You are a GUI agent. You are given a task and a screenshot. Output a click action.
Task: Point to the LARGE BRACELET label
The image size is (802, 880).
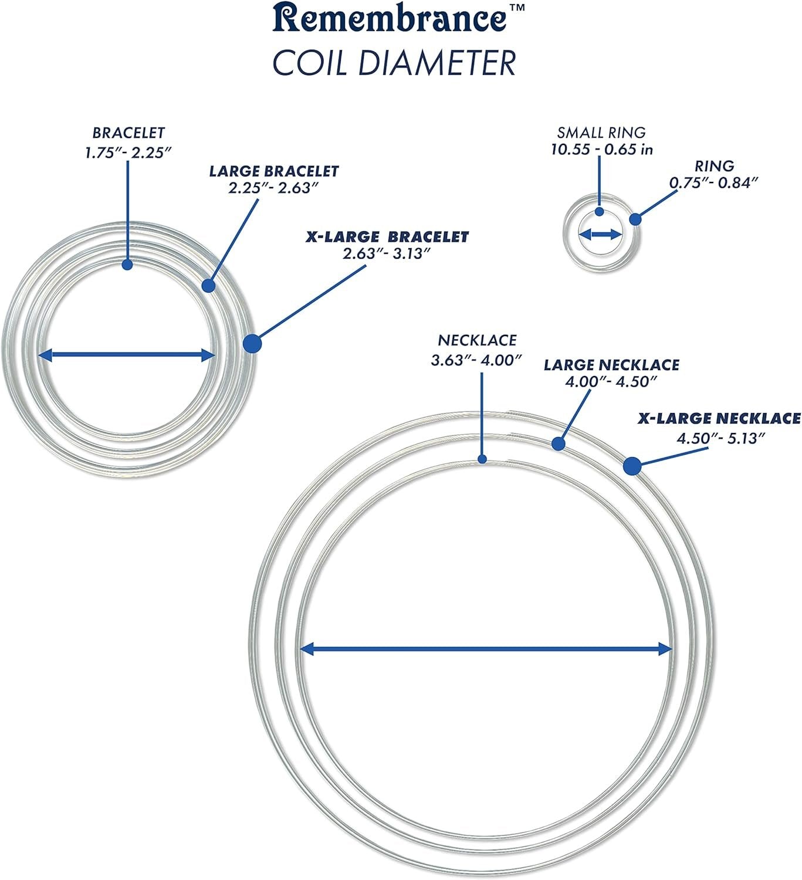[274, 171]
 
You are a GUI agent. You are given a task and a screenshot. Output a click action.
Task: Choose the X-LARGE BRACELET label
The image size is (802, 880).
[387, 237]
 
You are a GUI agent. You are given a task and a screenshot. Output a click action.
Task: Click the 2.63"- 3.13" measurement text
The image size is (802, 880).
[387, 253]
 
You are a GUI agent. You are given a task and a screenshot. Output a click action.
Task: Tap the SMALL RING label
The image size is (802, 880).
[601, 133]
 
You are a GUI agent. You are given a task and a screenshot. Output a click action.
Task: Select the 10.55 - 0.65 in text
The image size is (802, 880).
[601, 149]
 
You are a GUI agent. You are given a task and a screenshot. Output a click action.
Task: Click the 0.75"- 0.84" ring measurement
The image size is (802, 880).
[714, 182]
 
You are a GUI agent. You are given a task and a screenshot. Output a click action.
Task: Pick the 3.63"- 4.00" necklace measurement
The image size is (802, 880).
[476, 360]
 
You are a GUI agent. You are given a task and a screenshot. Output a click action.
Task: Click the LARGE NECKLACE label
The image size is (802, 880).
[611, 365]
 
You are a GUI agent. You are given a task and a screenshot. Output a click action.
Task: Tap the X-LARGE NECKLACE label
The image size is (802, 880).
[719, 419]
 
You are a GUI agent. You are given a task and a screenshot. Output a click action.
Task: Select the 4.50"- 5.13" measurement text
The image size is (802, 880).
[722, 438]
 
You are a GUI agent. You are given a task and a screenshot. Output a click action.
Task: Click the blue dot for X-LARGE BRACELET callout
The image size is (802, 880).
[252, 343]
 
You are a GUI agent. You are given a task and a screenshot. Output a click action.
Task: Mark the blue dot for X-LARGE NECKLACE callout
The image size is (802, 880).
[631, 466]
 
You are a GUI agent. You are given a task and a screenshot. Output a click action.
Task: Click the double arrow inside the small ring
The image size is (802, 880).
[600, 235]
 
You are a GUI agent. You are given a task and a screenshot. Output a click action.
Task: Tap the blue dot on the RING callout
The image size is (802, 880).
[635, 219]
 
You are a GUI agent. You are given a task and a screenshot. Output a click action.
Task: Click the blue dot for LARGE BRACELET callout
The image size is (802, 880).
[208, 286]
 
